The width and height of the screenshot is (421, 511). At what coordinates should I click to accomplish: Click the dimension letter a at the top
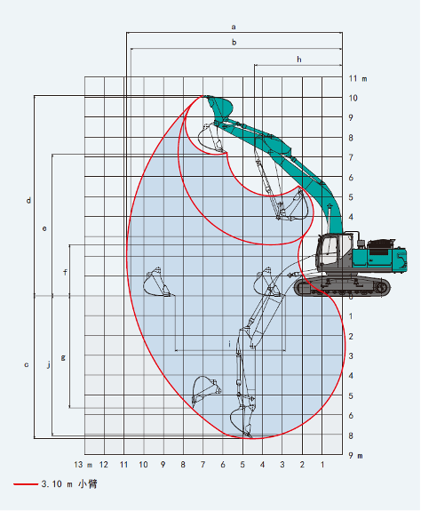coord(234,27)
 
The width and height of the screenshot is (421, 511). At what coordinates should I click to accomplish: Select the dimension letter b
coord(234,42)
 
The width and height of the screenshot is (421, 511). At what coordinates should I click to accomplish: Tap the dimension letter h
coord(298,59)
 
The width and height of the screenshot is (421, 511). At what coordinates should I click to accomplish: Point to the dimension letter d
coord(28,201)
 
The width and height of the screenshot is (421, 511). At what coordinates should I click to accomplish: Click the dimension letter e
coord(45,228)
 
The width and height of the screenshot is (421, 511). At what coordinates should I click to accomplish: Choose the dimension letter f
coord(65,271)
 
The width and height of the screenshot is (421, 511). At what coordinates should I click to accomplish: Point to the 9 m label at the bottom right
coord(355,456)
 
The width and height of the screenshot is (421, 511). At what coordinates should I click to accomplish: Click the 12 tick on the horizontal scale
coord(104,465)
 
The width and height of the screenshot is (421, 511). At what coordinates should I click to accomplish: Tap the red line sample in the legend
coord(25,484)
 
